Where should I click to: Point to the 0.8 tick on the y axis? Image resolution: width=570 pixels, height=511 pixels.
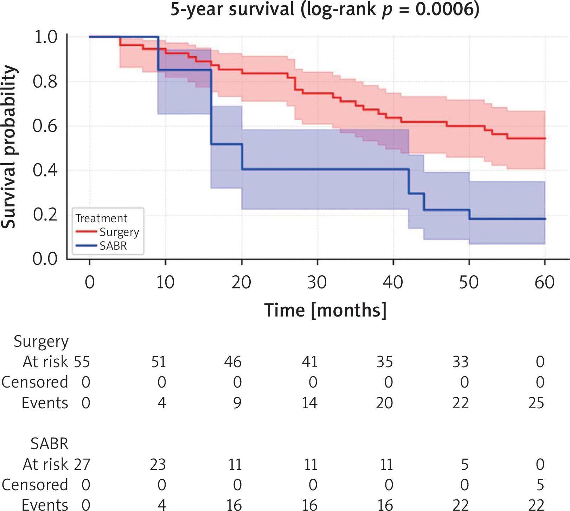pyautogui.click(x=45, y=82)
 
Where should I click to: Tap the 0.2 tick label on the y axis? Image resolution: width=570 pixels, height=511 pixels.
pyautogui.click(x=45, y=215)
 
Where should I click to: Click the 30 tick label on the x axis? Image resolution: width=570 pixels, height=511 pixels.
pyautogui.click(x=317, y=282)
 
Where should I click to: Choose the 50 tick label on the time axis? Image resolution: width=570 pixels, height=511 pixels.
pyautogui.click(x=469, y=282)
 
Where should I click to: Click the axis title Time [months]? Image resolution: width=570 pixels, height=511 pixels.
pyautogui.click(x=325, y=310)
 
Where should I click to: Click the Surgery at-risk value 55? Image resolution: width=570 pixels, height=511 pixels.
pyautogui.click(x=82, y=362)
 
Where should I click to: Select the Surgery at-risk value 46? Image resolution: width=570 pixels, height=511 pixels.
pyautogui.click(x=233, y=362)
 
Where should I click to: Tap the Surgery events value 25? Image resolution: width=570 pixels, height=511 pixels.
pyautogui.click(x=536, y=403)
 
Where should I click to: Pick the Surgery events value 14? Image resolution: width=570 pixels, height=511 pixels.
pyautogui.click(x=309, y=403)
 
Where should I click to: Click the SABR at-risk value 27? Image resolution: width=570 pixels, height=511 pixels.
pyautogui.click(x=82, y=465)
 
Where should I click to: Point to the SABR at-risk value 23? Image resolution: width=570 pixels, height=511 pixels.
pyautogui.click(x=158, y=465)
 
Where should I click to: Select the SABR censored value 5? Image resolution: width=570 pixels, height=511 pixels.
pyautogui.click(x=540, y=485)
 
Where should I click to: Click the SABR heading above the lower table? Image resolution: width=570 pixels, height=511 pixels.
pyautogui.click(x=49, y=444)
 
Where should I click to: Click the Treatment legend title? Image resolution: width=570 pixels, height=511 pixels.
pyautogui.click(x=101, y=218)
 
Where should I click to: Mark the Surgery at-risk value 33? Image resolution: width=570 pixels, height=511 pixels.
pyautogui.click(x=460, y=362)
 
